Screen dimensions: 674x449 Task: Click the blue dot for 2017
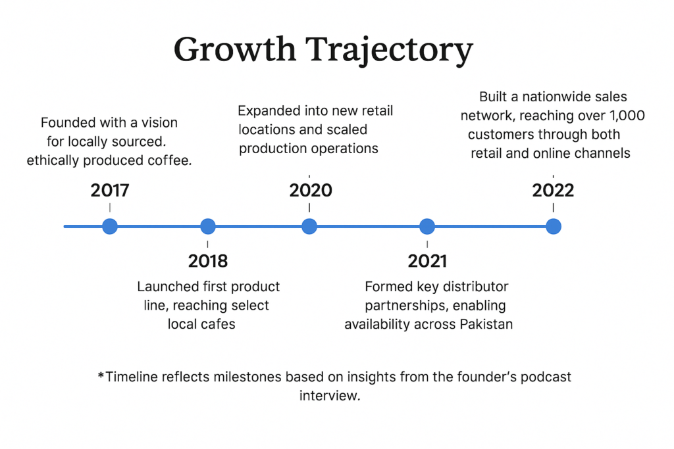click(110, 226)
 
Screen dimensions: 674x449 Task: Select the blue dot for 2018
click(208, 226)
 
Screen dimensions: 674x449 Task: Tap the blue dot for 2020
click(309, 226)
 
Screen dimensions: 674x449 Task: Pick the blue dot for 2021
click(427, 226)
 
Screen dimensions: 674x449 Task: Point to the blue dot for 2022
click(554, 226)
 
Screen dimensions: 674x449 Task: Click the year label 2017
click(110, 191)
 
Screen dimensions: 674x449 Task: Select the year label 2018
click(208, 261)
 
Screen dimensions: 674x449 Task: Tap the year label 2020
click(311, 191)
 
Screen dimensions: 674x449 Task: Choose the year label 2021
click(427, 261)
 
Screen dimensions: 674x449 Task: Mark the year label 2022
click(553, 191)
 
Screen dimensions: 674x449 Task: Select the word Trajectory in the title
click(390, 51)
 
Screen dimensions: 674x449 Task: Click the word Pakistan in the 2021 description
click(486, 324)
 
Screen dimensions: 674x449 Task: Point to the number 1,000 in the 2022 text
click(627, 116)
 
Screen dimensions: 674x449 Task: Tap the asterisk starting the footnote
click(101, 375)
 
